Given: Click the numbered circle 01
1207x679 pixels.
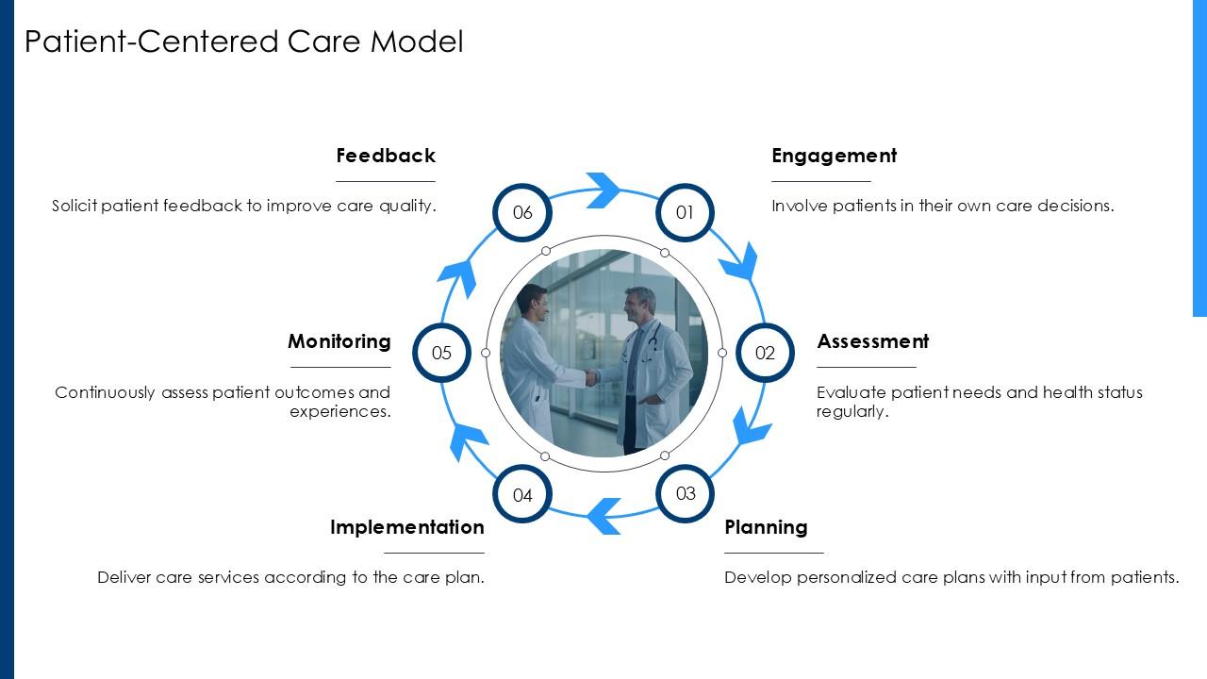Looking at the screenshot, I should click(685, 212).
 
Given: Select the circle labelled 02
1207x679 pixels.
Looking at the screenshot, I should click(765, 353).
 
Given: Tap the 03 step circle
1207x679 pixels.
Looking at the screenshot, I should click(686, 493).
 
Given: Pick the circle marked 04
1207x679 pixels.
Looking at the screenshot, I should click(522, 494).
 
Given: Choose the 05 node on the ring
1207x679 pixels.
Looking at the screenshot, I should click(441, 353).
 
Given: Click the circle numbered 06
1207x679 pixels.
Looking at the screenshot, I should click(522, 212).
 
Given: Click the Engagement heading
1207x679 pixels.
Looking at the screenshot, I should click(834, 156).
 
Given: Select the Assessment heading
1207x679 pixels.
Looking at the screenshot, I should click(872, 341).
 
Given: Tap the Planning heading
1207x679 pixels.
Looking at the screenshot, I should click(766, 527).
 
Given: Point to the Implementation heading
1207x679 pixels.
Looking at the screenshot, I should click(406, 527).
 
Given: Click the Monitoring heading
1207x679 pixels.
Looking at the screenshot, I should click(339, 341).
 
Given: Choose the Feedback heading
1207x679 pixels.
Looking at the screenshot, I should click(386, 156).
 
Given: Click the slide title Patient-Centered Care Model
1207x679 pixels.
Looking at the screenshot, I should click(243, 41).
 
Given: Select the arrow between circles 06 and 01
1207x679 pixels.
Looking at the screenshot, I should click(603, 190).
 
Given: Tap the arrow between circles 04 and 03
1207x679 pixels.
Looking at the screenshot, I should click(603, 516).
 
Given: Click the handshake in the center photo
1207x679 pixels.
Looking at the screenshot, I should click(591, 377).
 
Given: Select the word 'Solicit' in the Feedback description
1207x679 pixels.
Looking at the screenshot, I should click(74, 206).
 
